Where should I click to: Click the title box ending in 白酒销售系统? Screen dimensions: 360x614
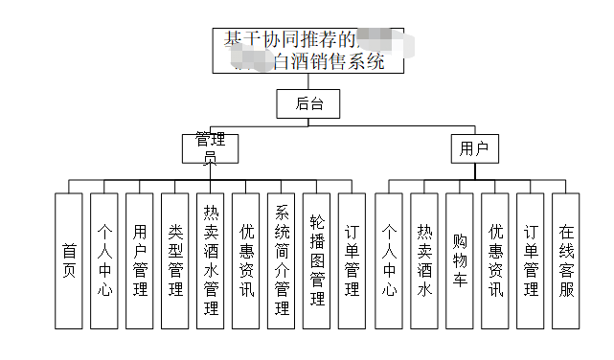(307, 51)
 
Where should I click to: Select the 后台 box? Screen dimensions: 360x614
(308, 103)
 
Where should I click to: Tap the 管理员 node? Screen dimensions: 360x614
(210, 147)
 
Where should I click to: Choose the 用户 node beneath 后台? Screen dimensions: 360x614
(474, 148)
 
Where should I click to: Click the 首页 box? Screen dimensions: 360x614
(69, 260)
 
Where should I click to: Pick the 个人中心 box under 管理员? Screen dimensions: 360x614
(104, 260)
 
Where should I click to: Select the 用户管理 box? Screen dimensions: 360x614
(140, 260)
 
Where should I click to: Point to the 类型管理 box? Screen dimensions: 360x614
(175, 260)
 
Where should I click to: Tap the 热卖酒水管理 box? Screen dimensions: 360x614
(211, 260)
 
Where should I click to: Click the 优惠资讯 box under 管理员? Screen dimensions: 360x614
(246, 260)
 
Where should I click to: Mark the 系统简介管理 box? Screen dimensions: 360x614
(282, 260)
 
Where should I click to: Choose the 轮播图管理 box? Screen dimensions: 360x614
(317, 260)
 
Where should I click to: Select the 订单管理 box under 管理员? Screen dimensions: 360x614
(352, 260)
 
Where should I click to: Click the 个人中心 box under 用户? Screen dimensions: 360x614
(389, 260)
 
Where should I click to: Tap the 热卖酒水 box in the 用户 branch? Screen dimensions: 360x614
(424, 260)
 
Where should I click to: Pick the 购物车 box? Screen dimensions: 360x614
(460, 260)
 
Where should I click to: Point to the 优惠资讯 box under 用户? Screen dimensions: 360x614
(495, 260)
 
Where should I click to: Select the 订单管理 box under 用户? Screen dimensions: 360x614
(531, 260)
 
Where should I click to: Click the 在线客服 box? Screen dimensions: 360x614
(566, 260)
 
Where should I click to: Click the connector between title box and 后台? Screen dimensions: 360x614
(308, 81)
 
